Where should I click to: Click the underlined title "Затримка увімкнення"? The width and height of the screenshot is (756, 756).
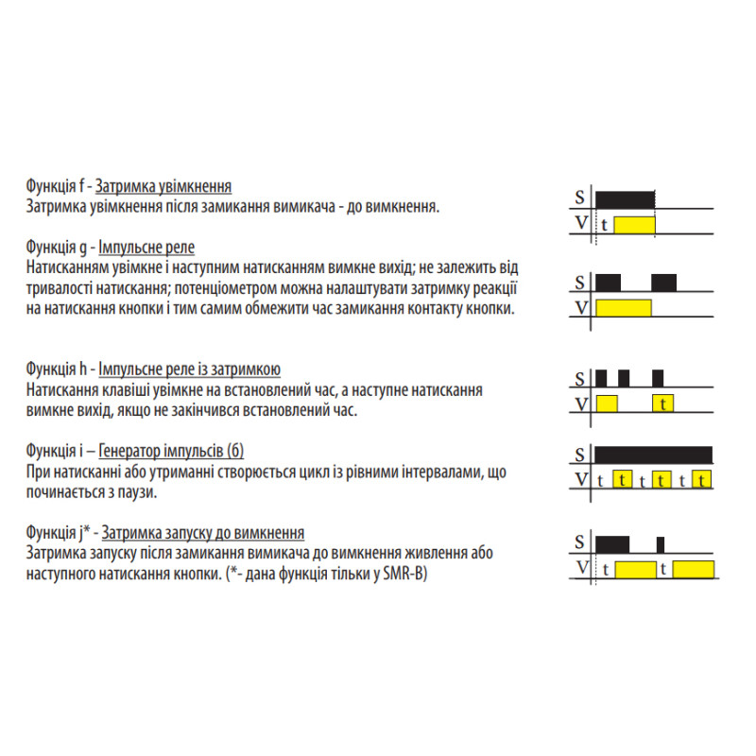(x=163, y=186)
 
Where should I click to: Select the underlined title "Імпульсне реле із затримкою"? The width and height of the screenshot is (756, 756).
(x=190, y=369)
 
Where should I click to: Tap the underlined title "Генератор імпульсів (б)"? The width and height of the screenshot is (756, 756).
(x=171, y=452)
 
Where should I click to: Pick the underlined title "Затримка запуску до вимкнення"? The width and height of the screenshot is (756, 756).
(x=203, y=533)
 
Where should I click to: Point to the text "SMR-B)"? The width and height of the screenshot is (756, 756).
(x=405, y=574)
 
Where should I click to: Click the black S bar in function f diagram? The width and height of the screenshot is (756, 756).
(x=625, y=199)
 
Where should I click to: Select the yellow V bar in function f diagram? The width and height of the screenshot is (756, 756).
(x=634, y=225)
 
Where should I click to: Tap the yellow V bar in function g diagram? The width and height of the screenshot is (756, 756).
(x=624, y=308)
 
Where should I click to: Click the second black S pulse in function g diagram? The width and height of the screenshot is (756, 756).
(x=663, y=283)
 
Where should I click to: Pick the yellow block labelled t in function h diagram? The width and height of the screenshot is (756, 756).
(x=663, y=404)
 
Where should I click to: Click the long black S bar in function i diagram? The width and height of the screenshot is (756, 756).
(x=653, y=455)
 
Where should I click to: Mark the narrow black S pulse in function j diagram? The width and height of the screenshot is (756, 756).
(x=661, y=545)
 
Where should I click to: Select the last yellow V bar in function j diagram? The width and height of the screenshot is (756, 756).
(x=694, y=570)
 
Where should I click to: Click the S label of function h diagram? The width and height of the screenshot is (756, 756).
(x=579, y=379)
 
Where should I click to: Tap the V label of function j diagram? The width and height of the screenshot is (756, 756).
(x=582, y=568)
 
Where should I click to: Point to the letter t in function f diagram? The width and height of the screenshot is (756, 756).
(x=604, y=225)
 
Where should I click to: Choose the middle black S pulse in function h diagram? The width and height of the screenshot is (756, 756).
(x=624, y=379)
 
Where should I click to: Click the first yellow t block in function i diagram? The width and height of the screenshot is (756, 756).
(x=623, y=480)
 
